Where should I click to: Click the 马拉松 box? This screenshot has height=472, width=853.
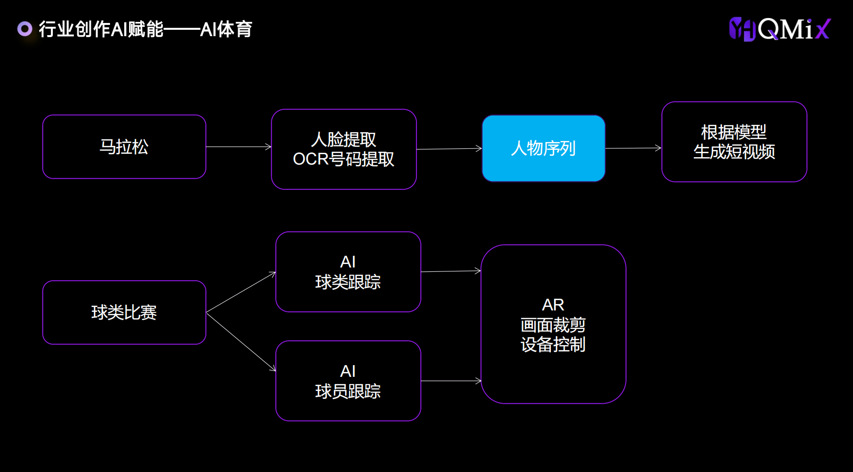pos(124,147)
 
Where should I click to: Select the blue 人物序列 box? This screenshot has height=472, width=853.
pos(544,148)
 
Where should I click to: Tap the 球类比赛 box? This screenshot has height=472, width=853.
pos(124,312)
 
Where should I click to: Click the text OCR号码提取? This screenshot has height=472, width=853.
pos(343,159)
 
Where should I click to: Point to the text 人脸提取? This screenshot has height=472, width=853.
pos(344,140)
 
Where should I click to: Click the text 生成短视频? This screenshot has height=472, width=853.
pos(734,152)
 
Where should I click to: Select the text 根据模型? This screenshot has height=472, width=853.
pos(734,132)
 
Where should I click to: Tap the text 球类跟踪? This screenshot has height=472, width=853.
pos(348,282)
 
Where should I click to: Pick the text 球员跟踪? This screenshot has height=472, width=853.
pos(348,391)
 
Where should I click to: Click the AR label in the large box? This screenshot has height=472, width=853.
pos(553,305)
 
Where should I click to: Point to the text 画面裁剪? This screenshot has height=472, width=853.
pos(553,325)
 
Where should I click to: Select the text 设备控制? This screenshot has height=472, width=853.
pos(553,345)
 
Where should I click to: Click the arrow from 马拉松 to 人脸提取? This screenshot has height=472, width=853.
pos(239,146)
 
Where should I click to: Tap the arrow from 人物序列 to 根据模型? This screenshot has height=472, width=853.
pos(634,148)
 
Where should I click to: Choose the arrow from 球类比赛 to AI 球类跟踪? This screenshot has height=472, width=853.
pos(241,292)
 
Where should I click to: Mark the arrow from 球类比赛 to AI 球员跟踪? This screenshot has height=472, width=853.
pos(241,342)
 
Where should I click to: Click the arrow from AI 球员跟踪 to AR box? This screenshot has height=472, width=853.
pos(451,381)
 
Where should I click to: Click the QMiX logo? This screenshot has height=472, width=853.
pos(780,29)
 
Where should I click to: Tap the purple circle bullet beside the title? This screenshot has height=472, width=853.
pos(25,29)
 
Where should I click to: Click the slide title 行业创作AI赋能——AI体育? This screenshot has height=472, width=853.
pos(146,29)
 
